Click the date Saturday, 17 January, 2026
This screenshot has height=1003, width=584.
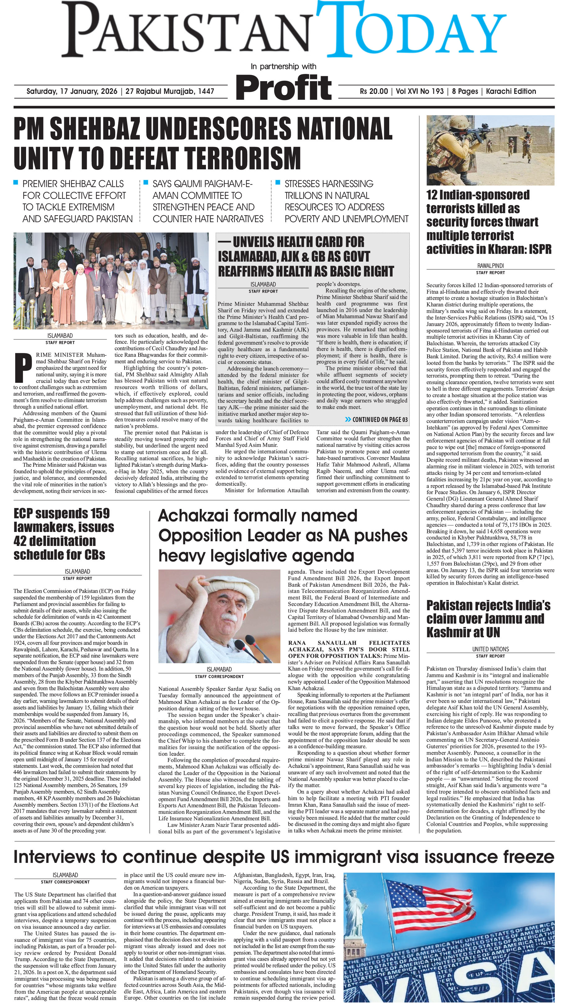coord(72,91)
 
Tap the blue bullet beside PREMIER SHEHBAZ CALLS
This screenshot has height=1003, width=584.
coord(16,183)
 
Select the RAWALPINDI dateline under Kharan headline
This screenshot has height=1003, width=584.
coord(490,265)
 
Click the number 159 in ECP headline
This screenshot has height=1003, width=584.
coord(94,513)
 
